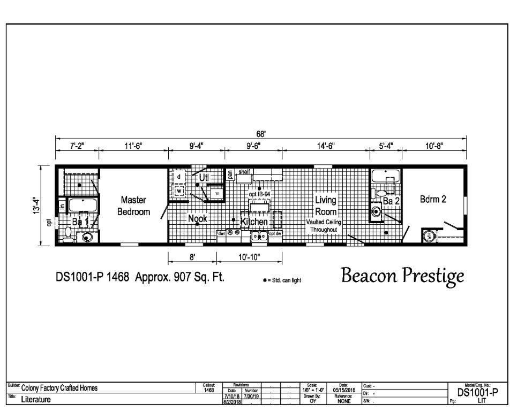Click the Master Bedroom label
click(x=133, y=205)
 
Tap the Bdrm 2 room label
click(x=433, y=199)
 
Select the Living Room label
click(x=325, y=205)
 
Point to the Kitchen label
click(x=254, y=222)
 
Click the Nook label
click(x=197, y=218)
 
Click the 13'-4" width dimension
click(x=36, y=205)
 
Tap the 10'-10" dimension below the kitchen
click(x=249, y=257)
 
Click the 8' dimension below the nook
click(x=192, y=257)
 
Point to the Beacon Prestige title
click(x=402, y=276)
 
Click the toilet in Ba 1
click(x=68, y=233)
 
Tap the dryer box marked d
click(x=179, y=177)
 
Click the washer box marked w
click(x=179, y=191)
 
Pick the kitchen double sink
click(x=260, y=235)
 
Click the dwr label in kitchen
click(x=221, y=233)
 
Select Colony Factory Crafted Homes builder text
click(x=59, y=389)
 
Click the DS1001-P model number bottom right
click(x=477, y=392)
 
